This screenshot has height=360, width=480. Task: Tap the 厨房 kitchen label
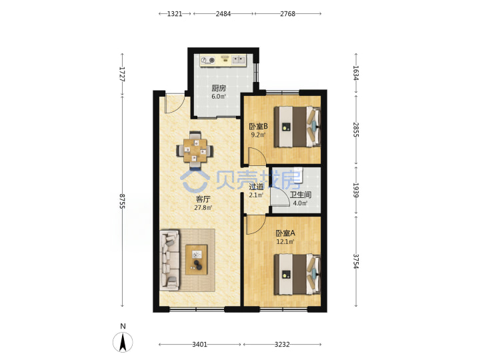[x=219, y=89]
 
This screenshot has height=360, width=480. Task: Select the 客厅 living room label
[x=203, y=199]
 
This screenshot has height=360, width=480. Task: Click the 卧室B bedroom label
[x=259, y=126]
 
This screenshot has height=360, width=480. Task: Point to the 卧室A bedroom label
[x=285, y=233]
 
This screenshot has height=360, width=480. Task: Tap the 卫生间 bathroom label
[x=301, y=195]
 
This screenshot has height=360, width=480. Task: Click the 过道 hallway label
[x=256, y=187]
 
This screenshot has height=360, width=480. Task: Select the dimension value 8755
[x=123, y=201]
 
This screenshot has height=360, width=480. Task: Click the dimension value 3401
[x=199, y=345]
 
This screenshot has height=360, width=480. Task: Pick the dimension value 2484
[x=223, y=14]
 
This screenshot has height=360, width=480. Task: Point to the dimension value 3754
[x=356, y=261]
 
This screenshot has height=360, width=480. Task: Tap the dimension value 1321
[x=175, y=14]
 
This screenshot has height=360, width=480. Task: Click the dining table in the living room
[x=195, y=150]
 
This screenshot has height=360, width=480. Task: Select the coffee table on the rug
[x=197, y=259]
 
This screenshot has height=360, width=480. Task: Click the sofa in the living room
[x=170, y=260]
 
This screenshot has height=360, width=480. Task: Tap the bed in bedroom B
[x=297, y=127]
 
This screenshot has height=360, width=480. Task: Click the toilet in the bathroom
[x=298, y=174]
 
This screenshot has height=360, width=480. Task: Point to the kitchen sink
[x=239, y=59]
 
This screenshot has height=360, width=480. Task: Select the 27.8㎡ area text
[x=203, y=208]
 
